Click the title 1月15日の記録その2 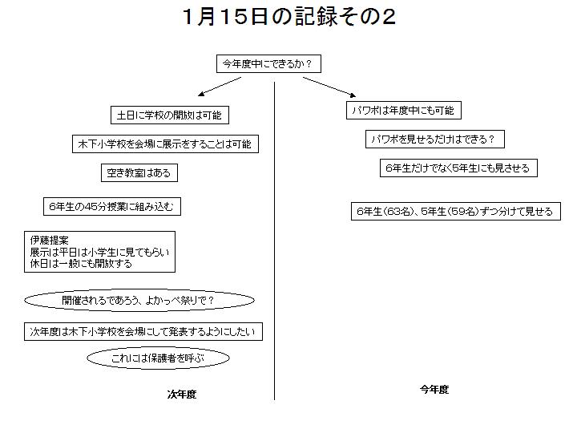tap(288, 17)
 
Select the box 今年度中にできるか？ tap(268, 63)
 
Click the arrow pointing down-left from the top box tap(220, 87)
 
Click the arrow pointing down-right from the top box tap(329, 87)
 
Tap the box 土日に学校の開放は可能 tap(170, 115)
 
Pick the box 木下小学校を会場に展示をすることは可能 tap(165, 144)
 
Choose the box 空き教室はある tap(139, 172)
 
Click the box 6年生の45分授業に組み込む tap(112, 207)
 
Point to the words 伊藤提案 tap(50, 241)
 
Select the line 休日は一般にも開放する tap(81, 264)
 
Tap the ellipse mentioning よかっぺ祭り tap(139, 300)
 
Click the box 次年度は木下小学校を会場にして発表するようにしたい tap(143, 331)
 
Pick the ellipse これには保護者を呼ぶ tap(158, 358)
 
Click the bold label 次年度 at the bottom tap(182, 395)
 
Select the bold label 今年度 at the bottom tap(434, 390)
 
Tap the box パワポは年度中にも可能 tap(404, 110)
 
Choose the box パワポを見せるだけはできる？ tap(434, 140)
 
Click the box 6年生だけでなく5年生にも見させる tap(458, 168)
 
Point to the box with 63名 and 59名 tap(455, 212)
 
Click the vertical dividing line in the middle tap(275, 241)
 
